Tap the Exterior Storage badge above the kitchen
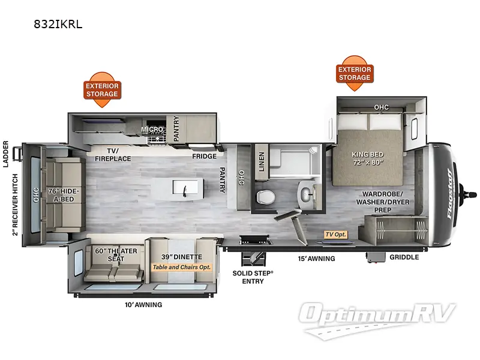tap(102, 90)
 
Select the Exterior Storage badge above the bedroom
tap(355, 73)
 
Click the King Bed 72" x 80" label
tap(367, 157)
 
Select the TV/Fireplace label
tap(113, 155)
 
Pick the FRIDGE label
tap(204, 156)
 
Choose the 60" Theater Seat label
tap(116, 254)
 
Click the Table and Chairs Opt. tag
tap(181, 267)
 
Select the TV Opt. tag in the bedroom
tap(336, 234)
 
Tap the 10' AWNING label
tap(142, 305)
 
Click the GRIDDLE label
tap(404, 257)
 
